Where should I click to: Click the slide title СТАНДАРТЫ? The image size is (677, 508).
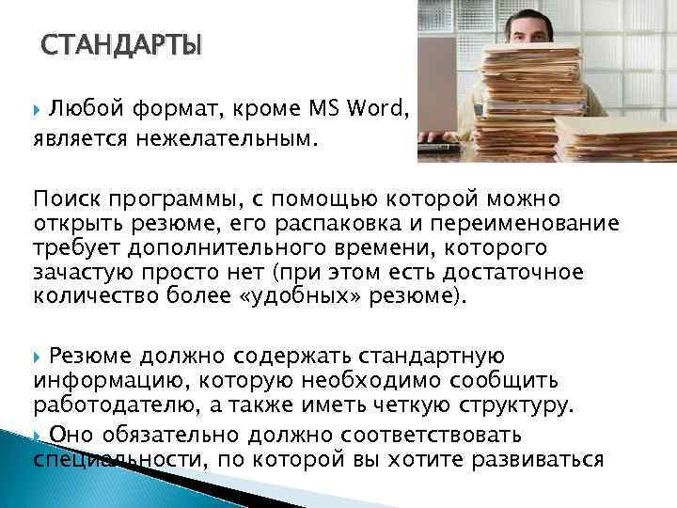[122, 46]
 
